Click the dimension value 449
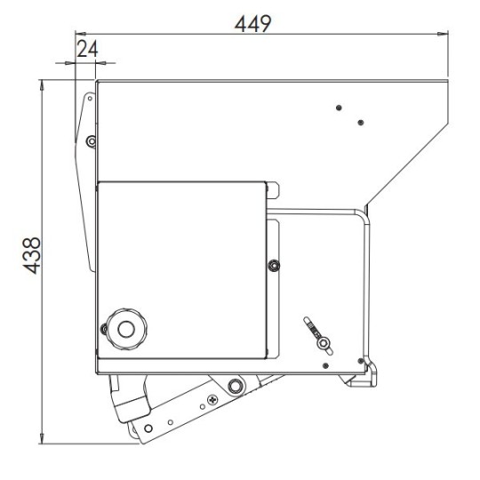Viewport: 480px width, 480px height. [x=252, y=22]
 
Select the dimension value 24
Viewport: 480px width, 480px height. [x=86, y=49]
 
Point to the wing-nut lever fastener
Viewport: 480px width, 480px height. [x=317, y=332]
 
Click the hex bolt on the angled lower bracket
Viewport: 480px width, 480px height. [x=235, y=386]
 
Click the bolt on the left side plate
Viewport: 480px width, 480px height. [x=91, y=140]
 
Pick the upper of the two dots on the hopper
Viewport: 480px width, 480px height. [x=339, y=108]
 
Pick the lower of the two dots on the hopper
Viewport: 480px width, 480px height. [x=360, y=123]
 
